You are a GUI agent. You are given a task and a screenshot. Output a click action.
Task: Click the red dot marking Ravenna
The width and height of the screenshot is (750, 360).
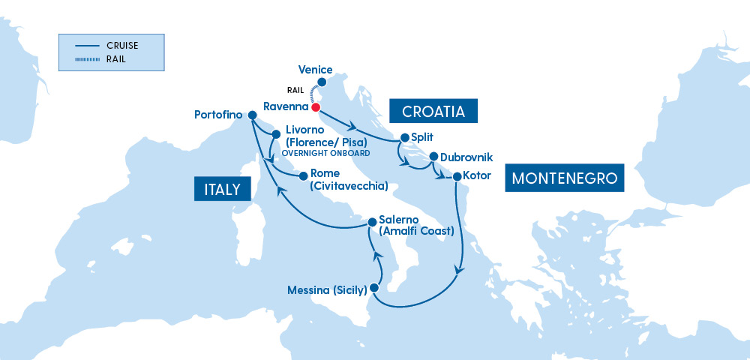(x=316, y=107)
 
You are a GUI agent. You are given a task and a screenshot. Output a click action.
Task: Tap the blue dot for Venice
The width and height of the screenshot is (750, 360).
(x=322, y=82)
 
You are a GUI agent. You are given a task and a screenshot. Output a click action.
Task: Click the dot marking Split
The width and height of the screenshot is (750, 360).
(x=405, y=137)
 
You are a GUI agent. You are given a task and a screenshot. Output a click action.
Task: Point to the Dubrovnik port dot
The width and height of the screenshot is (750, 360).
(x=433, y=157)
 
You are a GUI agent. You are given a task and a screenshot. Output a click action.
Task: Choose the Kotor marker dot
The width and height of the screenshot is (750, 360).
(x=457, y=176)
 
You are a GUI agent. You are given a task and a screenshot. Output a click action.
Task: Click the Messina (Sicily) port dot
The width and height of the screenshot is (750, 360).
(x=375, y=287)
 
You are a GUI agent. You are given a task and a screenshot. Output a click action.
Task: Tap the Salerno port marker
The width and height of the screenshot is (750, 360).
(x=370, y=222)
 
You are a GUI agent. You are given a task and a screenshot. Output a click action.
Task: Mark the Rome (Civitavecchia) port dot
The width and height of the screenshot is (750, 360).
(x=303, y=176)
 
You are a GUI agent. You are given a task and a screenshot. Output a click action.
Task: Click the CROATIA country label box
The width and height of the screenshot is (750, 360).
(x=433, y=112)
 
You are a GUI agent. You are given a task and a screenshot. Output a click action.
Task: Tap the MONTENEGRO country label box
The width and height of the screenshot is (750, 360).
(x=565, y=178)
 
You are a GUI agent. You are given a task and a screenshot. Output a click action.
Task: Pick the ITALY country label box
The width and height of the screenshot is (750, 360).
(x=222, y=188)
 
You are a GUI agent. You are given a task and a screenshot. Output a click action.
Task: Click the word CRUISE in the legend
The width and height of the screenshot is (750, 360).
(x=122, y=45)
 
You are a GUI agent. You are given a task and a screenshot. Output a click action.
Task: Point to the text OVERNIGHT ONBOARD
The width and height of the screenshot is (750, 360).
(x=325, y=153)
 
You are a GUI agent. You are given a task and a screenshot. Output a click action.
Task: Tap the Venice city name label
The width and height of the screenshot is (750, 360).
(x=315, y=69)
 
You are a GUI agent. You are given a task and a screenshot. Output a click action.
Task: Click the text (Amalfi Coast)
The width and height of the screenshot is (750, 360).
(x=417, y=231)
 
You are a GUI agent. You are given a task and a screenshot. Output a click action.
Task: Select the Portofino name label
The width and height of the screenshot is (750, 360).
(x=218, y=115)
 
